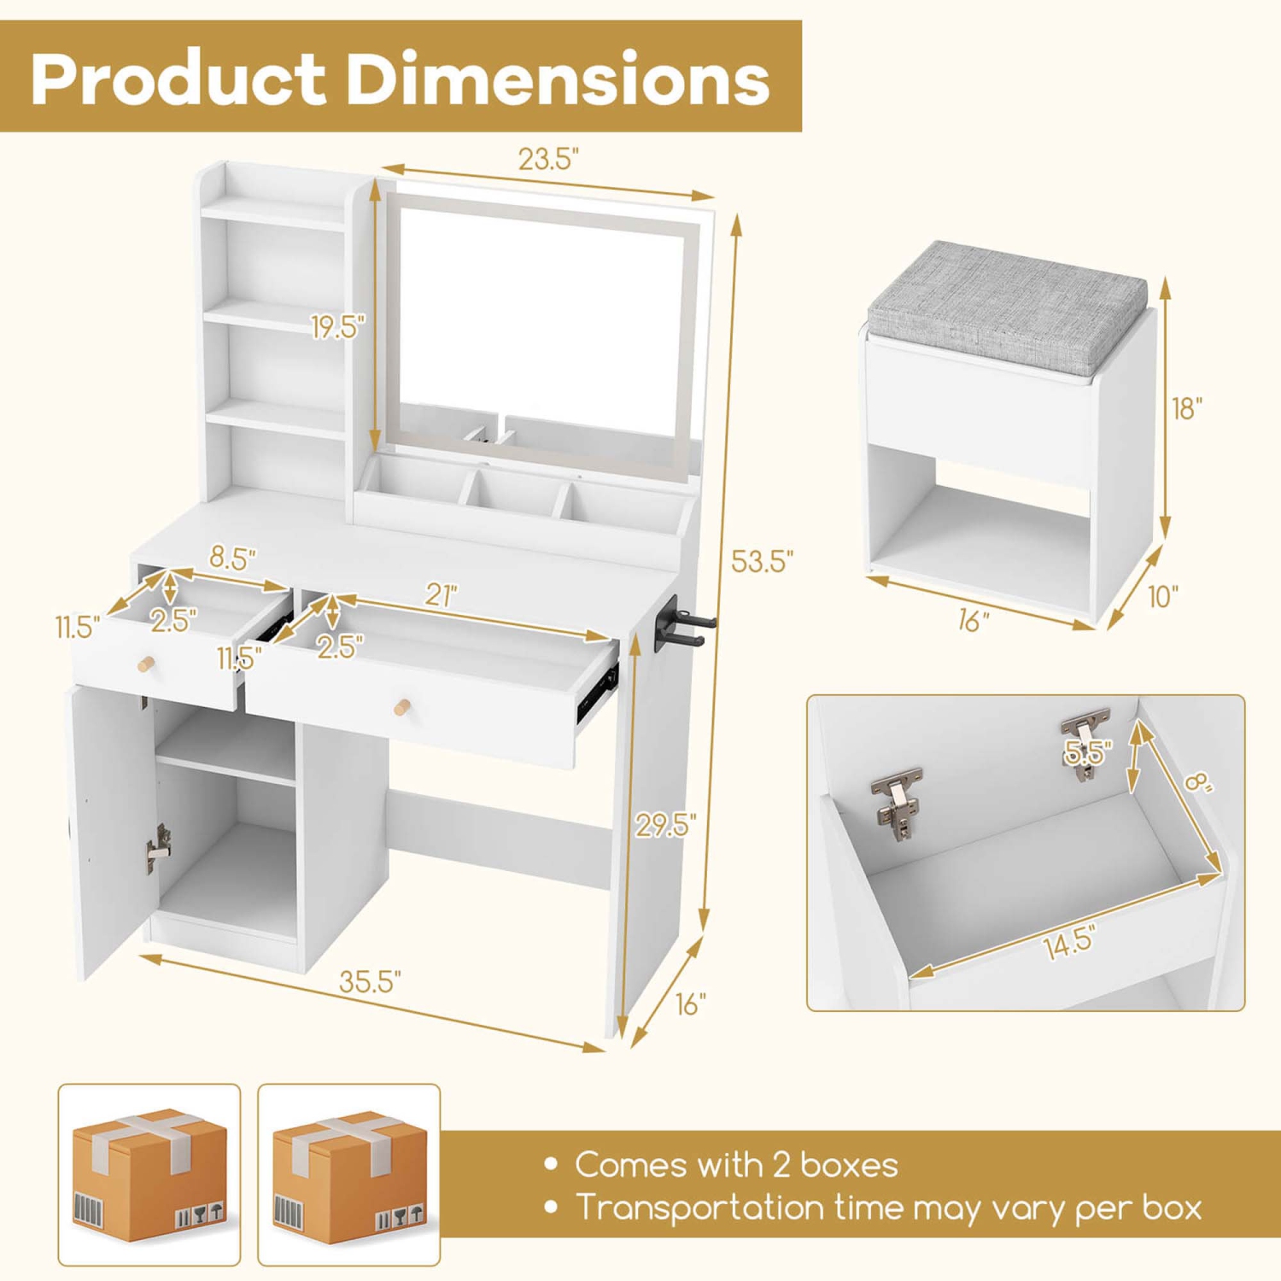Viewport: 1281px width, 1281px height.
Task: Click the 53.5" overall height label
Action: (762, 561)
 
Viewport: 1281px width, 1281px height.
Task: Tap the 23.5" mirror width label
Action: (548, 159)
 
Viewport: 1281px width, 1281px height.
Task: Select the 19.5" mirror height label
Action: (337, 326)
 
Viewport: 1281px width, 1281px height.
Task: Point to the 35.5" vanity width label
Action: (370, 982)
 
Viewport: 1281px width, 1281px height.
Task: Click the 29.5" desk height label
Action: (665, 824)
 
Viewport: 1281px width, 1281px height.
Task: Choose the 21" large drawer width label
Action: (442, 595)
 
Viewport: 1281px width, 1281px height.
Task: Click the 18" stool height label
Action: (1187, 408)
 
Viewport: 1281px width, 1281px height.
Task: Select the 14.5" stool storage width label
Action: (1068, 943)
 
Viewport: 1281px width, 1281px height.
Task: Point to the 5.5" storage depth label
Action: (1088, 752)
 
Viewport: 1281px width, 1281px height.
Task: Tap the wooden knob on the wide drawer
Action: (402, 707)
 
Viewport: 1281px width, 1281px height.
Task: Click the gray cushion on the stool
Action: (1008, 305)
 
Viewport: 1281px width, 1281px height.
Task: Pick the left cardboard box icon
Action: (149, 1174)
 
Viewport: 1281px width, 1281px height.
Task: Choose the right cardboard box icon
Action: (349, 1174)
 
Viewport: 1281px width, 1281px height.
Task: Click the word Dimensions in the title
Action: (557, 79)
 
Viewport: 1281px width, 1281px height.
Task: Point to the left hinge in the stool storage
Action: (898, 801)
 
